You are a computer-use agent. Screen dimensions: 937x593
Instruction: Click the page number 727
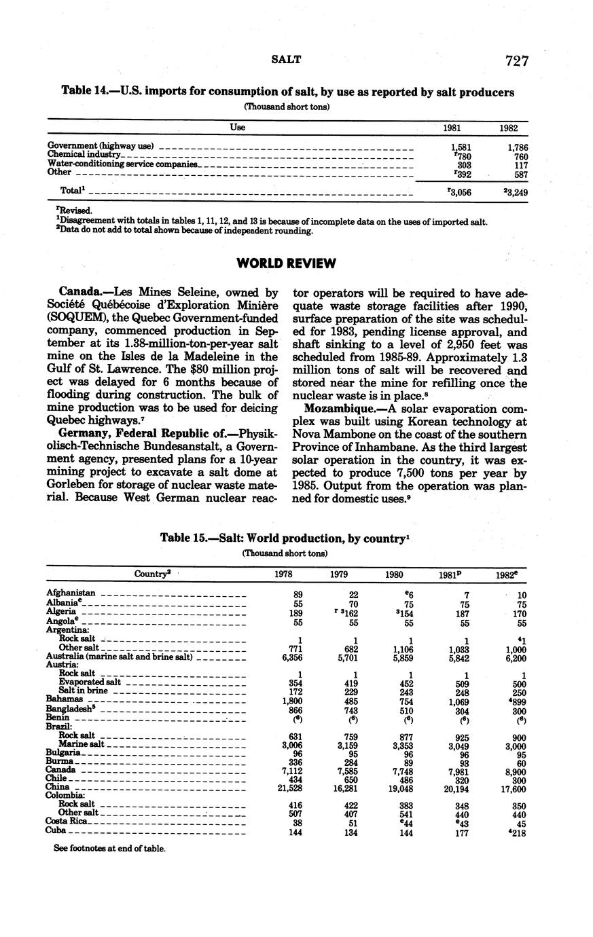click(x=517, y=60)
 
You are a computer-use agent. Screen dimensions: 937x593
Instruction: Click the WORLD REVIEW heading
click(x=286, y=263)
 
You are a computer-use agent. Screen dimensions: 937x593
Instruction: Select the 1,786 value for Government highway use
click(x=518, y=147)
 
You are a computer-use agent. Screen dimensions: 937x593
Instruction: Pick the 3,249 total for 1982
click(x=516, y=192)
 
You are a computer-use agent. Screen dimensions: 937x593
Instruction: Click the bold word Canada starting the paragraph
click(x=81, y=293)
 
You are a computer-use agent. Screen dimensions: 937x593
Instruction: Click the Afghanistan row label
click(x=71, y=593)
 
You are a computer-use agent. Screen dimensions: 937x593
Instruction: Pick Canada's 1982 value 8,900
click(x=516, y=771)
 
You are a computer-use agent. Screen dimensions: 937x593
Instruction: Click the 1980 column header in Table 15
click(x=394, y=574)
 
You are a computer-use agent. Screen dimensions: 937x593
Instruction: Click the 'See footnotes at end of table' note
click(x=109, y=848)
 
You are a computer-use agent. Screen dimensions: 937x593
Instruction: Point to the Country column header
click(x=151, y=574)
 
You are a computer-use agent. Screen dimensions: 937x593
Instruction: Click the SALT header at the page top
click(x=286, y=59)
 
